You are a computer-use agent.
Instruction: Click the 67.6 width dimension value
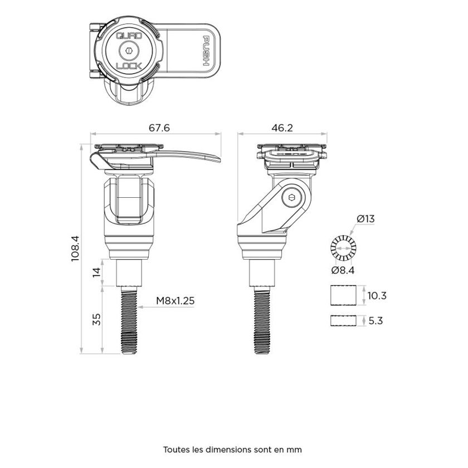tap(159, 128)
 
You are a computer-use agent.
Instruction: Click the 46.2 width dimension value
tap(282, 128)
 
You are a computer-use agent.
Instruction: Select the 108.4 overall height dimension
tap(76, 247)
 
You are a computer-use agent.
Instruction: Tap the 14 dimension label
tap(96, 272)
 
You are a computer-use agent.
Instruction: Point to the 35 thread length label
tap(96, 319)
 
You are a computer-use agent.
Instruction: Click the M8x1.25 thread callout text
tap(175, 301)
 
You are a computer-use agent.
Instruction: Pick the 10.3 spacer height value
tap(377, 296)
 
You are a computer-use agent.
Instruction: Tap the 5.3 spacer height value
tap(377, 321)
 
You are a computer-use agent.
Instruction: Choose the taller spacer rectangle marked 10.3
tap(342, 296)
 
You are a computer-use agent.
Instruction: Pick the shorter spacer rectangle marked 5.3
tap(342, 321)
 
